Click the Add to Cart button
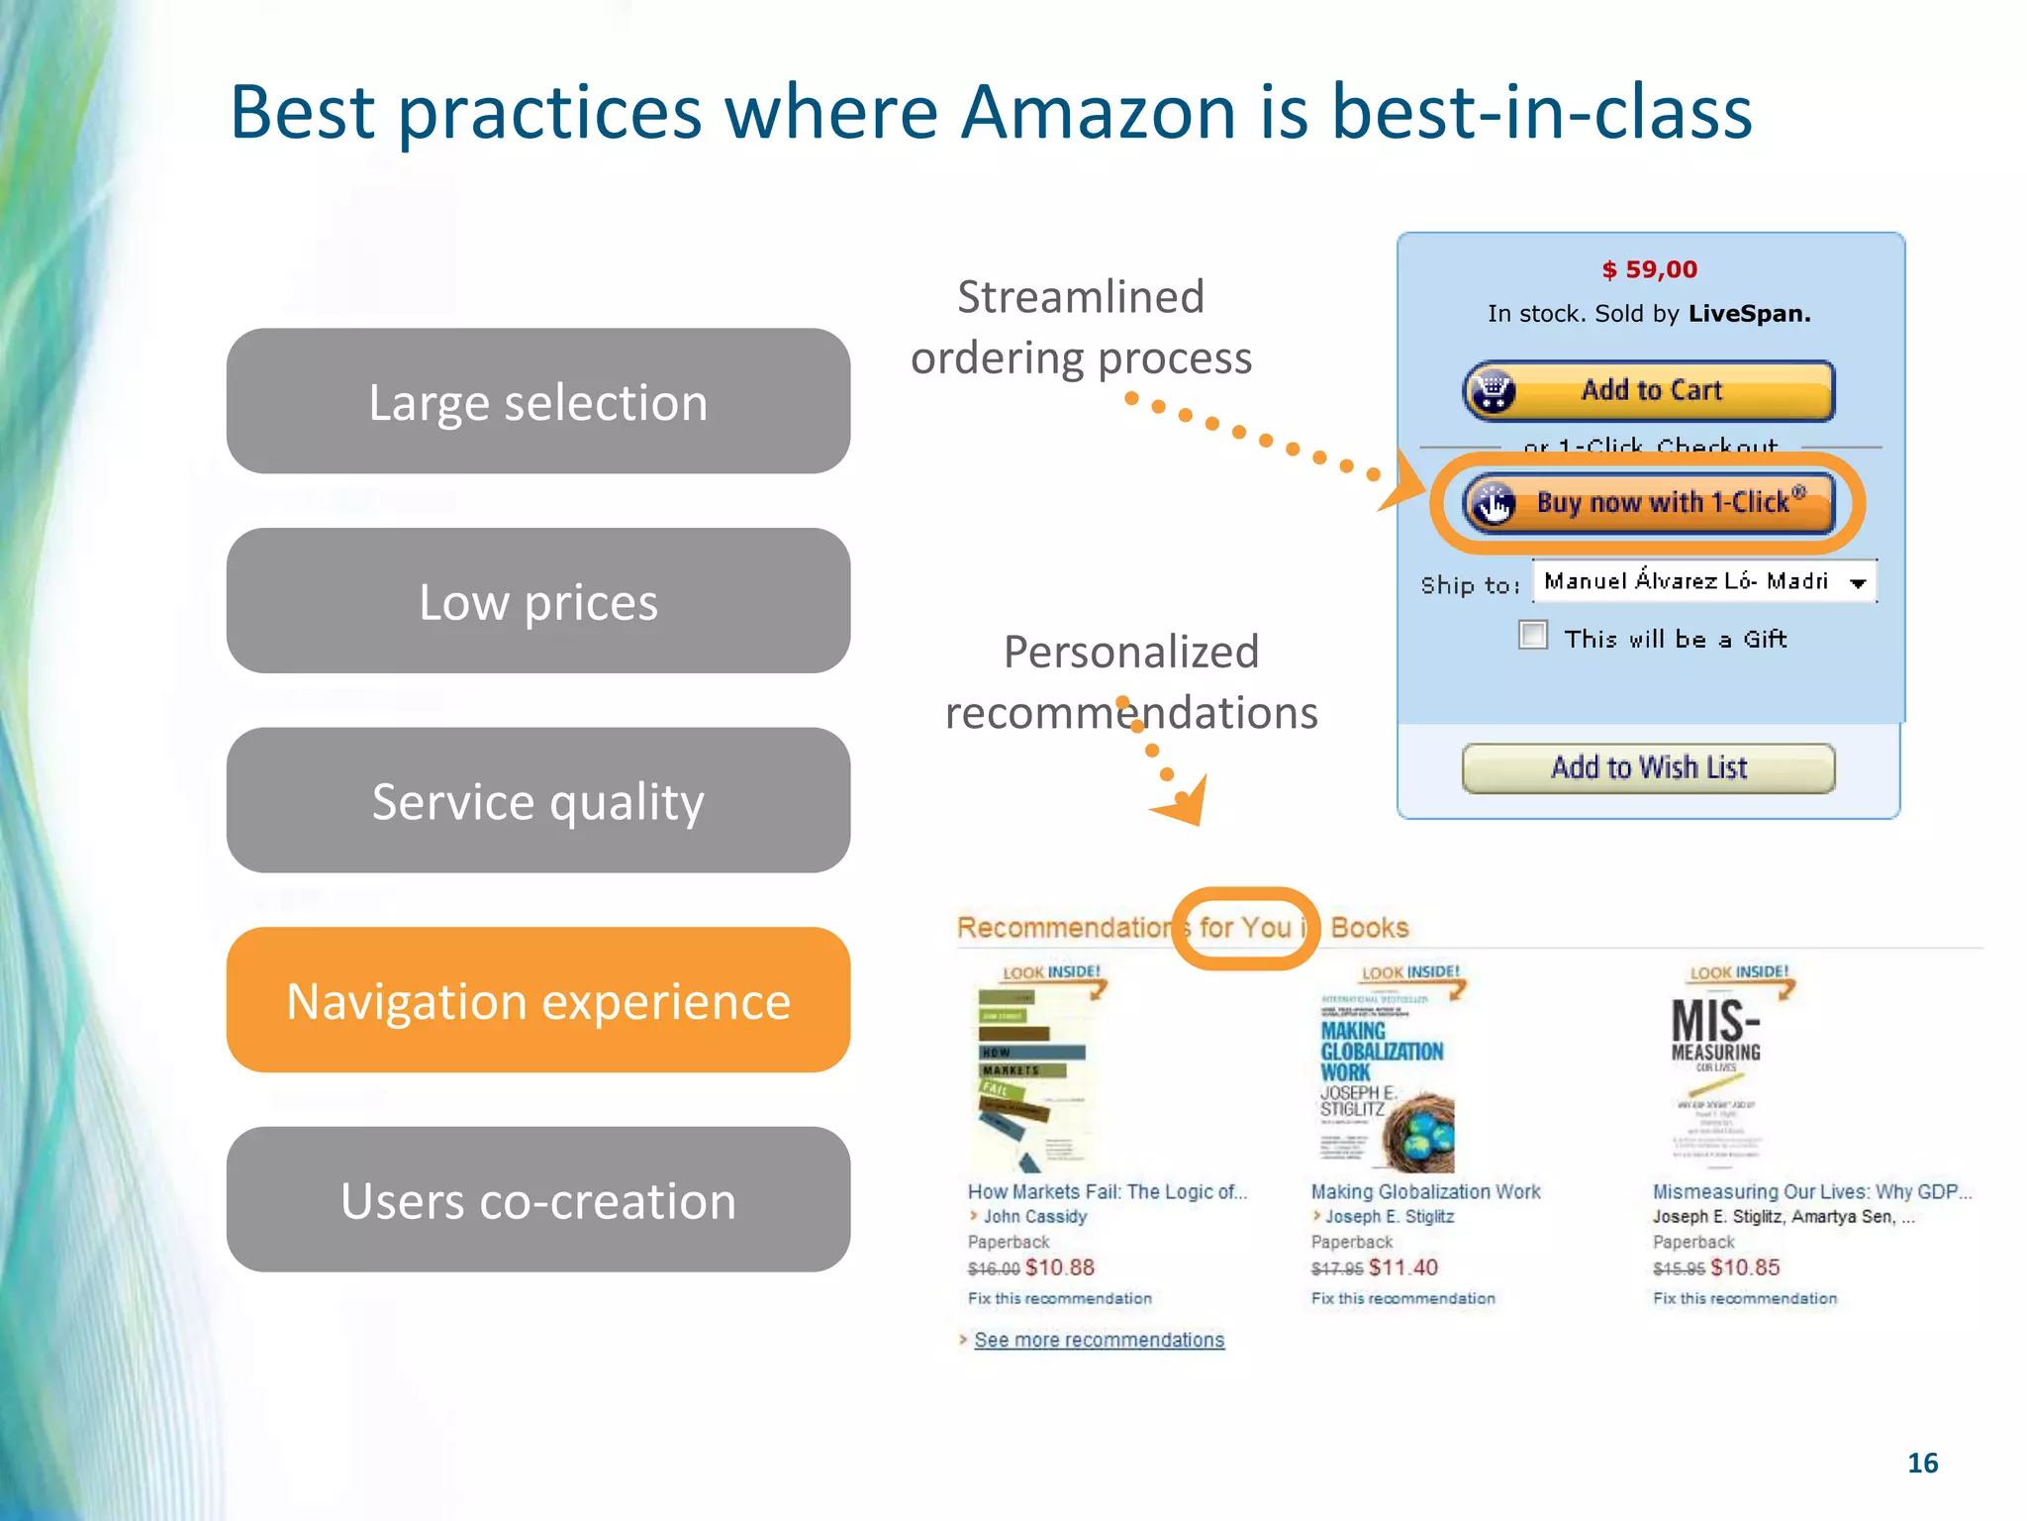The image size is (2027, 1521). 1649,391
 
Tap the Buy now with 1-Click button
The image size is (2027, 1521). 1649,503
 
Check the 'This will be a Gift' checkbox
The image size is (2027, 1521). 1533,635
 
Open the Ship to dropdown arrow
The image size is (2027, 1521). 1858,582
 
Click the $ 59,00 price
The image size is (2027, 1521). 1649,269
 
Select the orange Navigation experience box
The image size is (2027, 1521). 537,1000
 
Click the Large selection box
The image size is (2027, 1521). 537,402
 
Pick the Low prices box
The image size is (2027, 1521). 537,601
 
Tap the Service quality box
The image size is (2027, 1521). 537,800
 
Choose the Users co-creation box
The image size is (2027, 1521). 537,1200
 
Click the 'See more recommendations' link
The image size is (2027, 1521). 1099,1340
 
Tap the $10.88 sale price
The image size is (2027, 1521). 1060,1267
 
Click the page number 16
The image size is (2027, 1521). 1922,1463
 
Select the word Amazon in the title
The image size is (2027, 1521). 1098,111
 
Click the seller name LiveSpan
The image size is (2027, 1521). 1749,314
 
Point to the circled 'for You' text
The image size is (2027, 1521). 1245,928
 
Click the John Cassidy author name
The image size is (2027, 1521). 1034,1216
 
